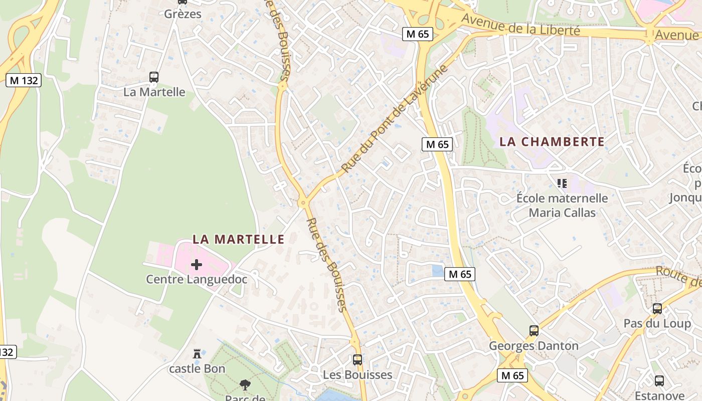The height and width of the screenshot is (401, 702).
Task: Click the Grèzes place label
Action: (183, 14)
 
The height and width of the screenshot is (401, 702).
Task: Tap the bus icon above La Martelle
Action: (154, 77)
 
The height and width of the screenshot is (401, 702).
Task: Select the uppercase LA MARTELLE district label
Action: (238, 240)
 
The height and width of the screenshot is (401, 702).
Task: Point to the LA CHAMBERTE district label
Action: (552, 142)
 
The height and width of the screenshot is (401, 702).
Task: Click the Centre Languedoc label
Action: (197, 279)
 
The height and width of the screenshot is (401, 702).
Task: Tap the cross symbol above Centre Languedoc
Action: (197, 264)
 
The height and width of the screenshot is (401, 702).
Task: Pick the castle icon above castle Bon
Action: (197, 354)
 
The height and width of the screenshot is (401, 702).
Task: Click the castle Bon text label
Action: (197, 369)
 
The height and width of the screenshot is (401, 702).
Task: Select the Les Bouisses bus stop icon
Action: (358, 359)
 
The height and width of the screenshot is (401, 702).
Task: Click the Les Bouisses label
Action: (358, 374)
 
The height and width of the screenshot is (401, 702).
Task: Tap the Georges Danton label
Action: (534, 346)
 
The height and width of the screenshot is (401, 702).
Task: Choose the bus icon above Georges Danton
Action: (534, 331)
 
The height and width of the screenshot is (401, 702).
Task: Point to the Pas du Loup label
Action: (657, 323)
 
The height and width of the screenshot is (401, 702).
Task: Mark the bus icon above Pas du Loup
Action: (657, 309)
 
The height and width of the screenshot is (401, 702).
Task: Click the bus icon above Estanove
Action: (659, 381)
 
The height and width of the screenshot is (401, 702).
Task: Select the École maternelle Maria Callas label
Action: (562, 205)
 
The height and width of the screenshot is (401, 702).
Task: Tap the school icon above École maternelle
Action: (562, 183)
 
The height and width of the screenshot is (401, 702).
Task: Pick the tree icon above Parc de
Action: (245, 385)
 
